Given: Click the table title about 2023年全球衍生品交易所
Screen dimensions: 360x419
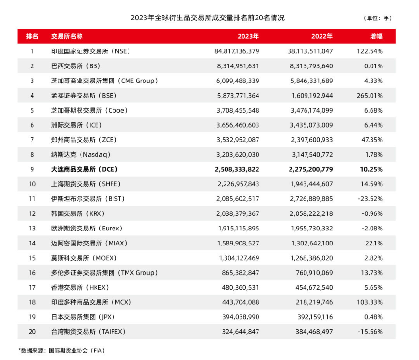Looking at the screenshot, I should (x=207, y=17).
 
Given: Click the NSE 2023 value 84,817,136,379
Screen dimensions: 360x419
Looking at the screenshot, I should (x=237, y=51).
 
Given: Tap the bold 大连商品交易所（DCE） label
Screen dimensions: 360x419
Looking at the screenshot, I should (x=84, y=169).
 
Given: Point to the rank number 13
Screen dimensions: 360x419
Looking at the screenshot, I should (x=32, y=229).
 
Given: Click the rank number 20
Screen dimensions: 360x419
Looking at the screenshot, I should (x=32, y=332).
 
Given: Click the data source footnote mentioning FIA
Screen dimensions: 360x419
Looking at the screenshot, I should (x=62, y=350).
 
